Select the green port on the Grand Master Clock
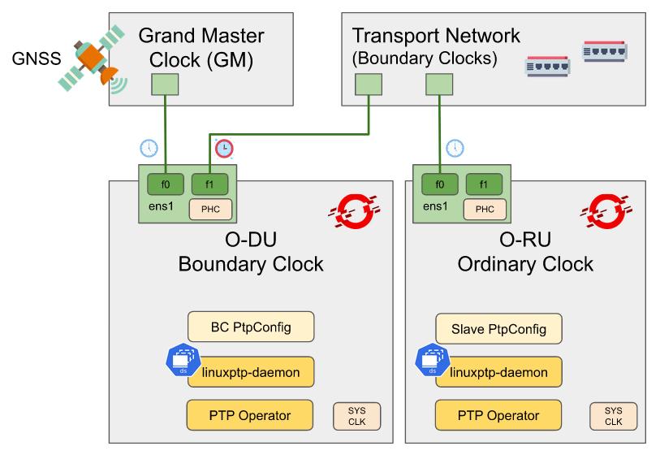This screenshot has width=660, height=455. coord(165,84)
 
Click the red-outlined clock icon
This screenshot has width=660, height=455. coord(223,148)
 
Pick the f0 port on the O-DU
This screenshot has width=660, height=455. coord(165,184)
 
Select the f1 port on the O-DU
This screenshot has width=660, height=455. coord(209,184)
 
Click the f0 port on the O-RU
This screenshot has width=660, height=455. coord(440,184)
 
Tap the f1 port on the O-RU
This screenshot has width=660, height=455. coord(485,184)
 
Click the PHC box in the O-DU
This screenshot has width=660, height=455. coord(210,209)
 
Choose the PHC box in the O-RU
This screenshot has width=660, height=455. coord(485,209)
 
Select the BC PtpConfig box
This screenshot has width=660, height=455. coord(251,327)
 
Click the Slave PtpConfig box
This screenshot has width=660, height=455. coord(498,329)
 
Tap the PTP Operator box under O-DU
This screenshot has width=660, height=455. coord(249,415)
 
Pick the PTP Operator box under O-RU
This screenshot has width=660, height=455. coord(498,415)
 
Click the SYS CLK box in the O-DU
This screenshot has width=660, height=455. coord(356,416)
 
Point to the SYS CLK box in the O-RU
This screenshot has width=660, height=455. coord(613,416)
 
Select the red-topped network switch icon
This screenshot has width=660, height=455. coord(605,50)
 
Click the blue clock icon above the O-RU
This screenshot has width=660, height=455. coord(455,148)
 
